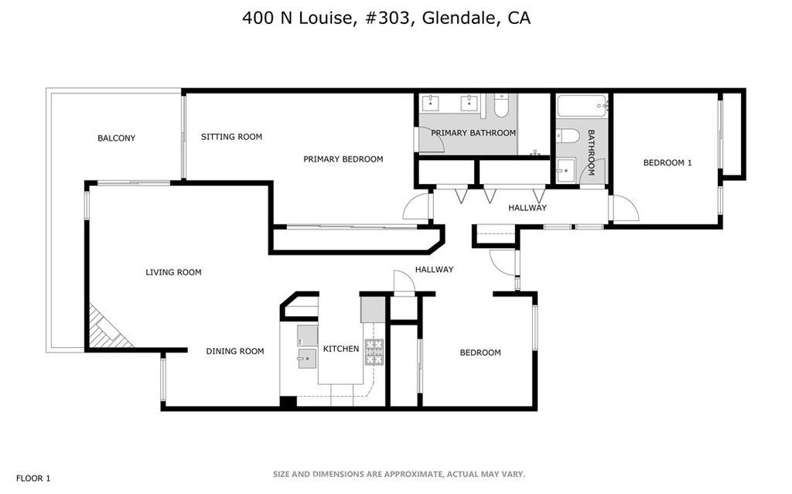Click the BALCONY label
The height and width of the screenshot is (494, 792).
click(116, 138)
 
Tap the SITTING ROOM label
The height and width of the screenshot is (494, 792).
click(231, 136)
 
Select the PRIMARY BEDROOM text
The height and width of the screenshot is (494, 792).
click(343, 159)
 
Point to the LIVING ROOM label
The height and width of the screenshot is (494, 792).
click(173, 272)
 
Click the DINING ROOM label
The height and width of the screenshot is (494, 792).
click(235, 351)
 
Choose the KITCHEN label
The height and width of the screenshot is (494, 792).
click(341, 349)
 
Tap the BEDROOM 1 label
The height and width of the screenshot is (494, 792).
click(667, 162)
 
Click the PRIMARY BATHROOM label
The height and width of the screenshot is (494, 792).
click(473, 133)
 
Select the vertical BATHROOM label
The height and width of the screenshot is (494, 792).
click(591, 152)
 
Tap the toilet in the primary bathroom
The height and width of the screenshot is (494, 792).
click(501, 106)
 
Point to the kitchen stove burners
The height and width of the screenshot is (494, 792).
click(374, 352)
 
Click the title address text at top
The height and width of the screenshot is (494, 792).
click(387, 18)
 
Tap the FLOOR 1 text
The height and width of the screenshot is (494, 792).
click(33, 479)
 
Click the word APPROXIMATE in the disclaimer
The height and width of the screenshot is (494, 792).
click(413, 475)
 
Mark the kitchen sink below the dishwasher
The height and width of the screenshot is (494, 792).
click(306, 359)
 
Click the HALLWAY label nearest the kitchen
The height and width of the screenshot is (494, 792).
click(435, 269)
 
